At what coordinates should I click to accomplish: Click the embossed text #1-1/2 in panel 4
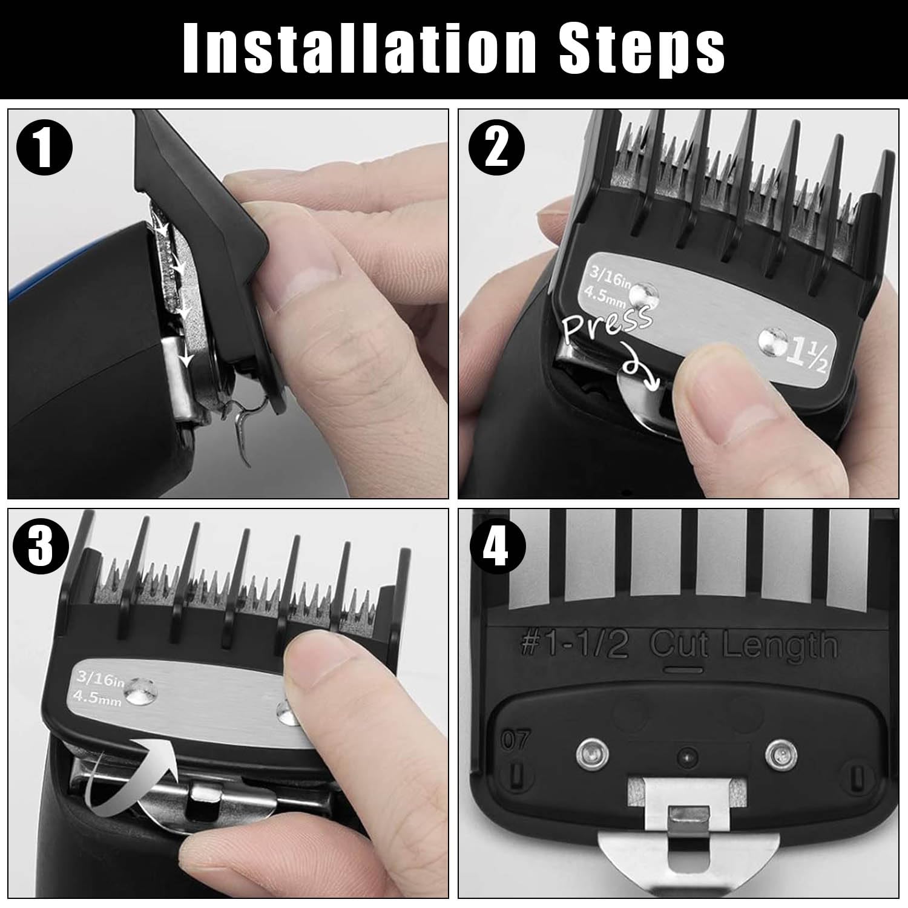point(574,646)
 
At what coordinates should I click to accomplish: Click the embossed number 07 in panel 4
point(515,740)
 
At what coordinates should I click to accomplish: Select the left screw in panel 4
point(587,752)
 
